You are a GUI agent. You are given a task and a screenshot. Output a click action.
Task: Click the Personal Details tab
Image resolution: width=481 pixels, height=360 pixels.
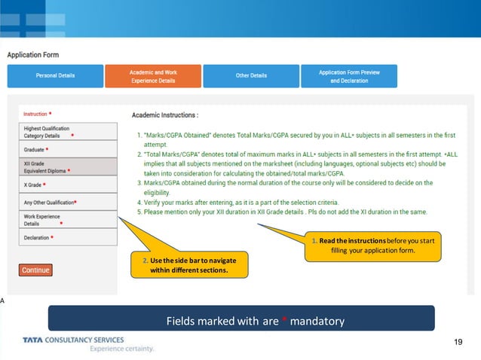(x=56, y=75)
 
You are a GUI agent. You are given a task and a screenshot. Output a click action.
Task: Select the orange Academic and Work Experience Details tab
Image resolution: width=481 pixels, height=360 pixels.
(x=152, y=75)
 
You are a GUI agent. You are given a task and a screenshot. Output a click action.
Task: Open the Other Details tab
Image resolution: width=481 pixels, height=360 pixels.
(x=250, y=75)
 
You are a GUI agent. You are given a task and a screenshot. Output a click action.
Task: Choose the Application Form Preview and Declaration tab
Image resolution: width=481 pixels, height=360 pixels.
(x=348, y=75)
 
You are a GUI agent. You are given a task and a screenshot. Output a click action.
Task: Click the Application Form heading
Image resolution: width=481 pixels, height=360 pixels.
(x=33, y=55)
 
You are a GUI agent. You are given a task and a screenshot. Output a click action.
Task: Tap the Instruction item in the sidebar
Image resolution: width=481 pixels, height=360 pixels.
(x=68, y=114)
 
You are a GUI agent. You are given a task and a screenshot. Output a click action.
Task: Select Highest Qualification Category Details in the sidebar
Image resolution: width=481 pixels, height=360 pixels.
(x=68, y=132)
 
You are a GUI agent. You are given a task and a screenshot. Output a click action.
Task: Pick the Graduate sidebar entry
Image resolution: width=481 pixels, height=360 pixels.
(x=68, y=149)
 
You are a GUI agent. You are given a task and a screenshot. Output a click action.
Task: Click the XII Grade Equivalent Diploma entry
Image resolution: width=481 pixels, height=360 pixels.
(x=68, y=166)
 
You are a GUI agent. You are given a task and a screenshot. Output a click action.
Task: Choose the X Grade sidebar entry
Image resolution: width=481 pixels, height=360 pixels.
(x=68, y=185)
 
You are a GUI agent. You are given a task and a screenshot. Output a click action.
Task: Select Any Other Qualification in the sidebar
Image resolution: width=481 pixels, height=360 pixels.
(x=68, y=202)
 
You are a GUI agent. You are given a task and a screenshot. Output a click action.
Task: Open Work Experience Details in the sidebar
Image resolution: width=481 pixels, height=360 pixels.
(x=68, y=219)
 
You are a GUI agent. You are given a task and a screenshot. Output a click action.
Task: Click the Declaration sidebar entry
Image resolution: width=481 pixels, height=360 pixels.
(x=68, y=237)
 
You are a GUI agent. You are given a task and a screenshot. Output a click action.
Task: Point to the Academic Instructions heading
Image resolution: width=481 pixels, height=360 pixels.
(x=165, y=115)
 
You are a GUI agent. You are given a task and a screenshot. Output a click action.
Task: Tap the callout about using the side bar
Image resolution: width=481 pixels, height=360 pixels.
(x=188, y=264)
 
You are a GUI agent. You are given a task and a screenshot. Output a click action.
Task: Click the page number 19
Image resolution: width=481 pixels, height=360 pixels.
(x=458, y=343)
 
